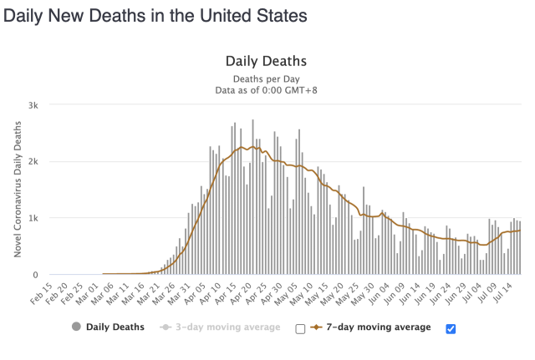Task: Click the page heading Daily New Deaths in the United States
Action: point(155,16)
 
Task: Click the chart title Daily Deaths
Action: point(266,62)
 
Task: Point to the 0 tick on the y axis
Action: point(36,274)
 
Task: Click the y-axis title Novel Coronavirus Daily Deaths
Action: point(17,190)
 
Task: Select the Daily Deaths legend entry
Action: point(116,327)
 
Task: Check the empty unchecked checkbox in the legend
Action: point(300,328)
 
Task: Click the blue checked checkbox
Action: point(451,328)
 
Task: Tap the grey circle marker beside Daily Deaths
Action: point(79,327)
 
